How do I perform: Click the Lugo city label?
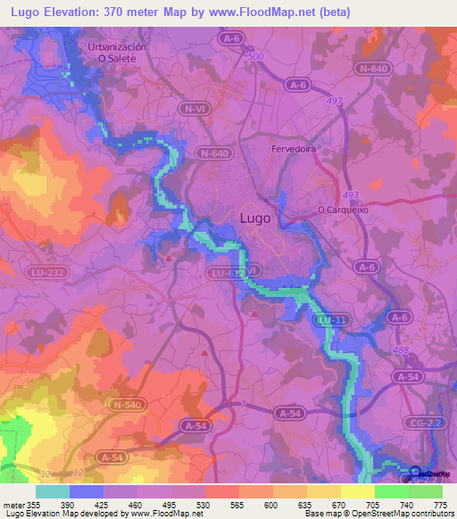258,217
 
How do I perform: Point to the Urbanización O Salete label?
112,51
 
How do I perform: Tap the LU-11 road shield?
334,319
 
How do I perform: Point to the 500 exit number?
257,56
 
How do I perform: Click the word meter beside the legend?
13,504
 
